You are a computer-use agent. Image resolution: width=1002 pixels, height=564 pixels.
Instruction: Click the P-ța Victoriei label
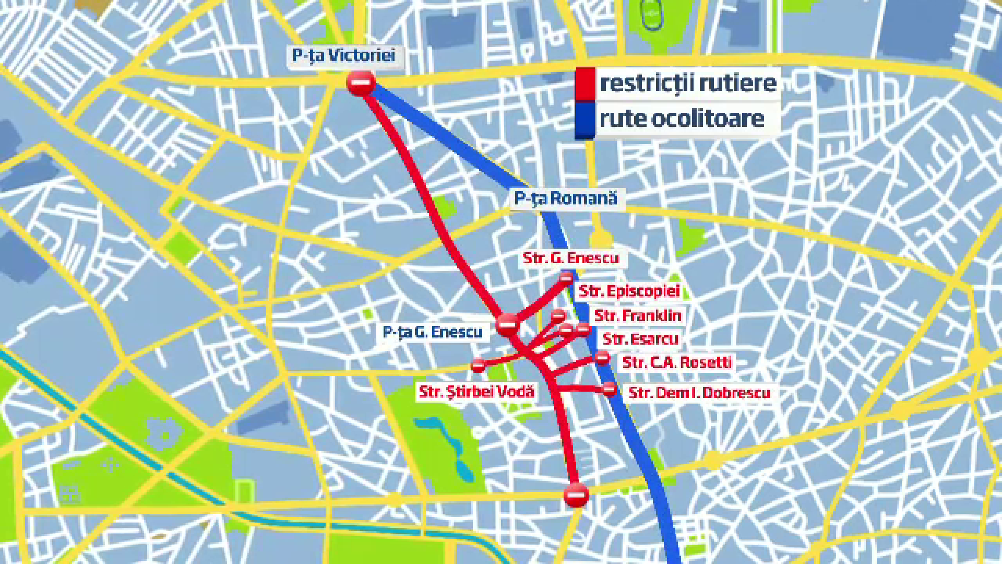click(x=343, y=55)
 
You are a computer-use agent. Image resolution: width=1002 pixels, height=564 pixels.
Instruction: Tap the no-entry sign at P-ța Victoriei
click(x=361, y=83)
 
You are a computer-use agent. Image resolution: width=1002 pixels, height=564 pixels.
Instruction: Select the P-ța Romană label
click(x=565, y=198)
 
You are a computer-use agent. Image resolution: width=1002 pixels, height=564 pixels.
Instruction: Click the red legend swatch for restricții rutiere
click(x=585, y=84)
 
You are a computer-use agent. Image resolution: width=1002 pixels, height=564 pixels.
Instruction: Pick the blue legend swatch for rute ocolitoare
click(x=585, y=120)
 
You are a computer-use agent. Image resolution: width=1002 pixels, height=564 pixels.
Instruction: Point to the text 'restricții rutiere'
click(x=688, y=83)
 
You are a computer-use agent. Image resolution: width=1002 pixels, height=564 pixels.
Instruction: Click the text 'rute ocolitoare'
click(x=682, y=119)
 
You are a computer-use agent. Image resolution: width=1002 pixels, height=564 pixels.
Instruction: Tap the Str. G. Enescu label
click(x=570, y=258)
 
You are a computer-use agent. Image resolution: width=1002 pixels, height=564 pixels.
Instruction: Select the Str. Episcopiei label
click(x=629, y=291)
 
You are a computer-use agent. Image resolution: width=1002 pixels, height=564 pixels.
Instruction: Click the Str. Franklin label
click(x=637, y=315)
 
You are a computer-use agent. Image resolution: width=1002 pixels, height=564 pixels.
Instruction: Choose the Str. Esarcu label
click(x=640, y=339)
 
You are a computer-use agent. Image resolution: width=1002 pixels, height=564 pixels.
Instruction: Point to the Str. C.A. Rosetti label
click(x=677, y=362)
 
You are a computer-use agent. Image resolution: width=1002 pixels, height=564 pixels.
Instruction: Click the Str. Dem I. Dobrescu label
click(x=699, y=393)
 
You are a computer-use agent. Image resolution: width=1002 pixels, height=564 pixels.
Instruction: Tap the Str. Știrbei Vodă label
click(x=476, y=392)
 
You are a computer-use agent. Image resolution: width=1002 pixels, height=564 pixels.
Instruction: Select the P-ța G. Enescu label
click(x=433, y=332)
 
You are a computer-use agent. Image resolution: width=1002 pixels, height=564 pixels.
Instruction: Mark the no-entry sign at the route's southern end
click(x=576, y=495)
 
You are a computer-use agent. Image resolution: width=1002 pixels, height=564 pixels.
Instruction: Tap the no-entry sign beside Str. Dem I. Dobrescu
click(x=609, y=389)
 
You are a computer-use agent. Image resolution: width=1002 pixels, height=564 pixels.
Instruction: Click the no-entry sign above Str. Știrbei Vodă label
click(x=478, y=365)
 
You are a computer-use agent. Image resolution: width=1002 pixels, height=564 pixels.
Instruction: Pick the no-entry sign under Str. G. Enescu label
click(x=566, y=278)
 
